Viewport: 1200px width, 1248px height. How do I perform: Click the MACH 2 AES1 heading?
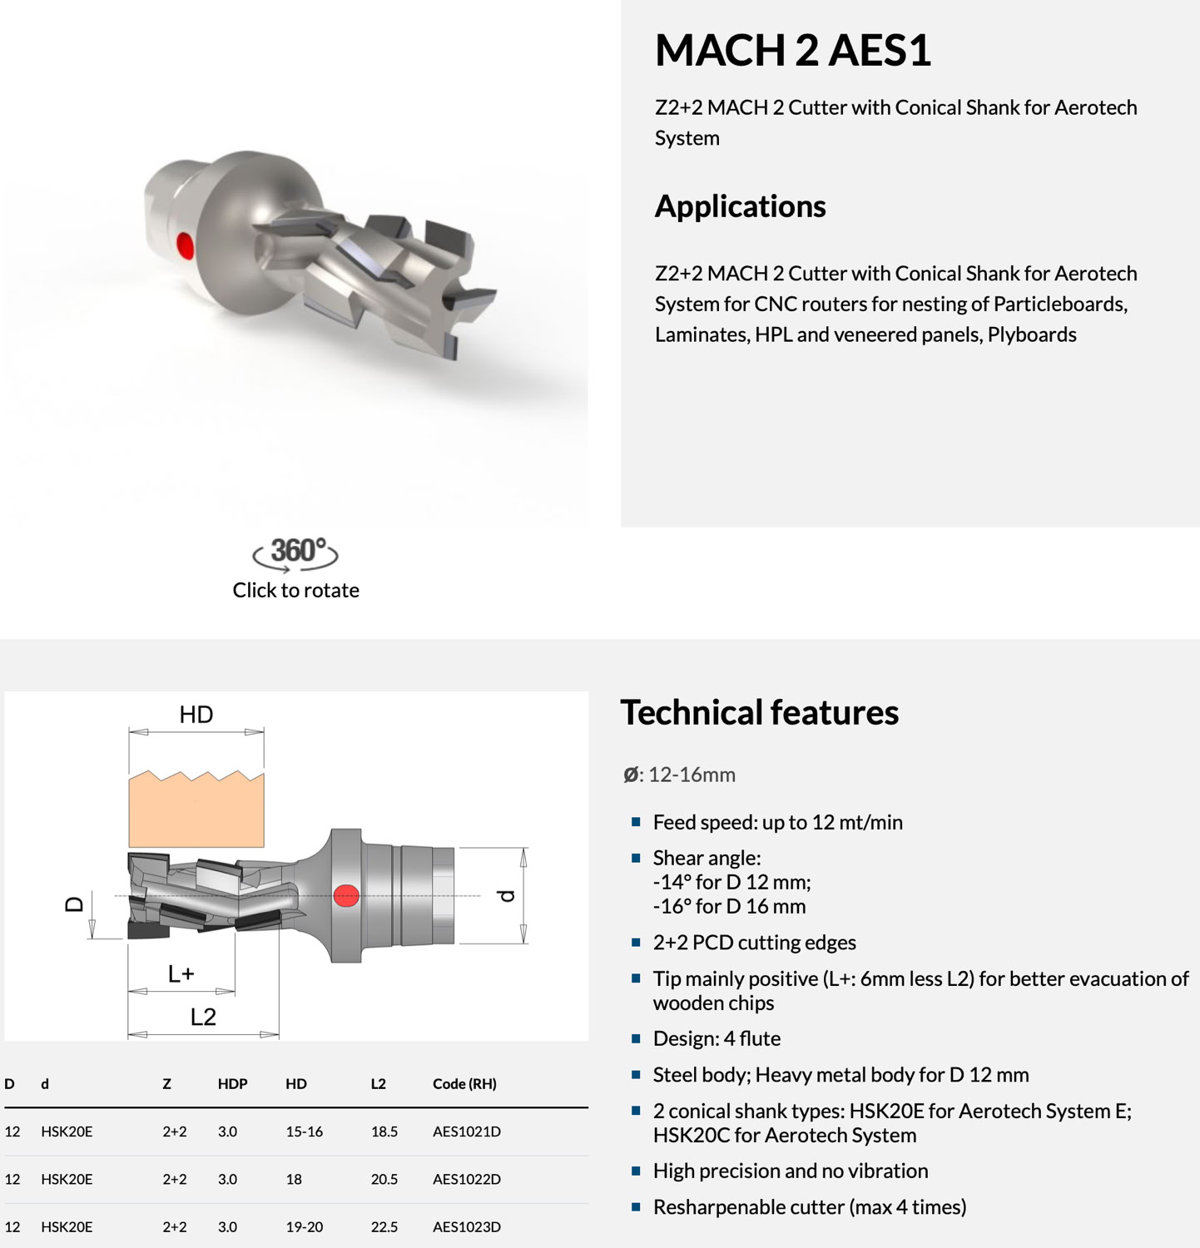[x=792, y=50]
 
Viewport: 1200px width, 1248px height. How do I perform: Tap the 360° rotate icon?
[x=295, y=553]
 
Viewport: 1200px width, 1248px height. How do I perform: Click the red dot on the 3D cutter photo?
[x=186, y=246]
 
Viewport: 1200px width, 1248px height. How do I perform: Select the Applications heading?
[x=740, y=206]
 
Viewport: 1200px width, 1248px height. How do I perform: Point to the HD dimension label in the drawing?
[x=196, y=715]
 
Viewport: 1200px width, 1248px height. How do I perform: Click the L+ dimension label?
[x=181, y=973]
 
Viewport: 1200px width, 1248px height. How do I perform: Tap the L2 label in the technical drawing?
[x=203, y=1017]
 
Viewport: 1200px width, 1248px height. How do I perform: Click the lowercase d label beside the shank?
[x=506, y=896]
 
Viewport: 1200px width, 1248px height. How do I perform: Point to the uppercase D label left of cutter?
[x=74, y=904]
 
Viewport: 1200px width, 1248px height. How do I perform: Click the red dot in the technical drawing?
[x=346, y=895]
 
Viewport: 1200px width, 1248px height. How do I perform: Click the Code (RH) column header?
[x=464, y=1084]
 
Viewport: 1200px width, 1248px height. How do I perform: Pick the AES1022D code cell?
[x=467, y=1179]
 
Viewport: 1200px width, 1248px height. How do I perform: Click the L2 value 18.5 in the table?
[x=384, y=1132]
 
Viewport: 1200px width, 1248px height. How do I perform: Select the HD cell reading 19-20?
[x=305, y=1226]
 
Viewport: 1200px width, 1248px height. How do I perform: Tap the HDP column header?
[x=233, y=1084]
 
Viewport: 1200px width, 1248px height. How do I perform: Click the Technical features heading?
[x=759, y=713]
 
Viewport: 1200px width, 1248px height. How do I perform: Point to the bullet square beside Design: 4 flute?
[x=637, y=1038]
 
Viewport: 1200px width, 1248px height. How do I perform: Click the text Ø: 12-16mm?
[x=679, y=775]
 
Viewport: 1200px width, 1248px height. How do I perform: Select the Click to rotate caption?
[x=295, y=591]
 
